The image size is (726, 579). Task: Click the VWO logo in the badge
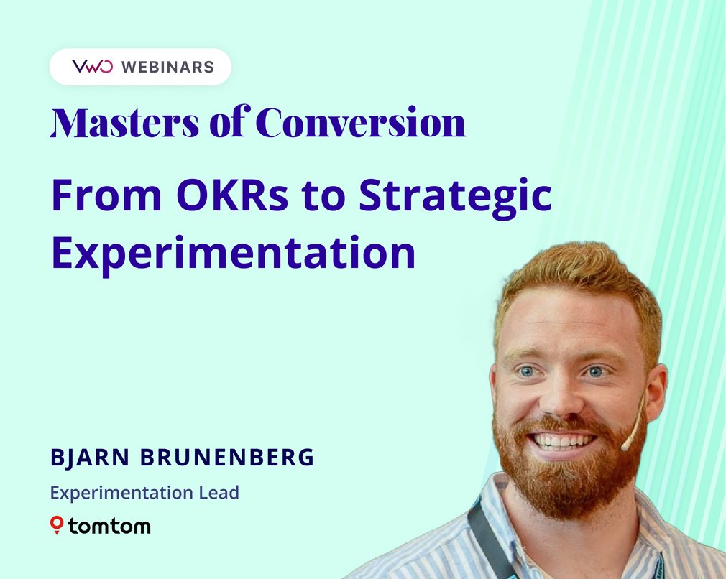pyautogui.click(x=92, y=67)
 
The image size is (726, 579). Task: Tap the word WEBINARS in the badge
pyautogui.click(x=167, y=68)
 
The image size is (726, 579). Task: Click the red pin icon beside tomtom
pyautogui.click(x=57, y=525)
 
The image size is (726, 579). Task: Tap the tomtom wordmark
pyautogui.click(x=109, y=526)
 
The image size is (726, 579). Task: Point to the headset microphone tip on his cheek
pyautogui.click(x=626, y=445)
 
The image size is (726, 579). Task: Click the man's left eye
pyautogui.click(x=594, y=371)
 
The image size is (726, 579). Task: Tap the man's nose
pyautogui.click(x=561, y=399)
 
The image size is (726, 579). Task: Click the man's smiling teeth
pyautogui.click(x=562, y=440)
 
